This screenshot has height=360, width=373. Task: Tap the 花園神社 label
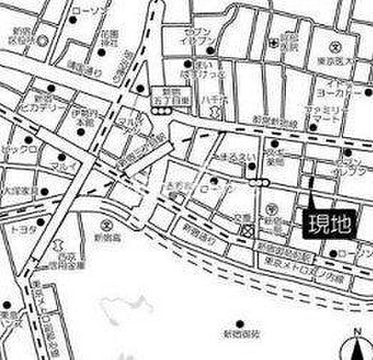click(x=111, y=37)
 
